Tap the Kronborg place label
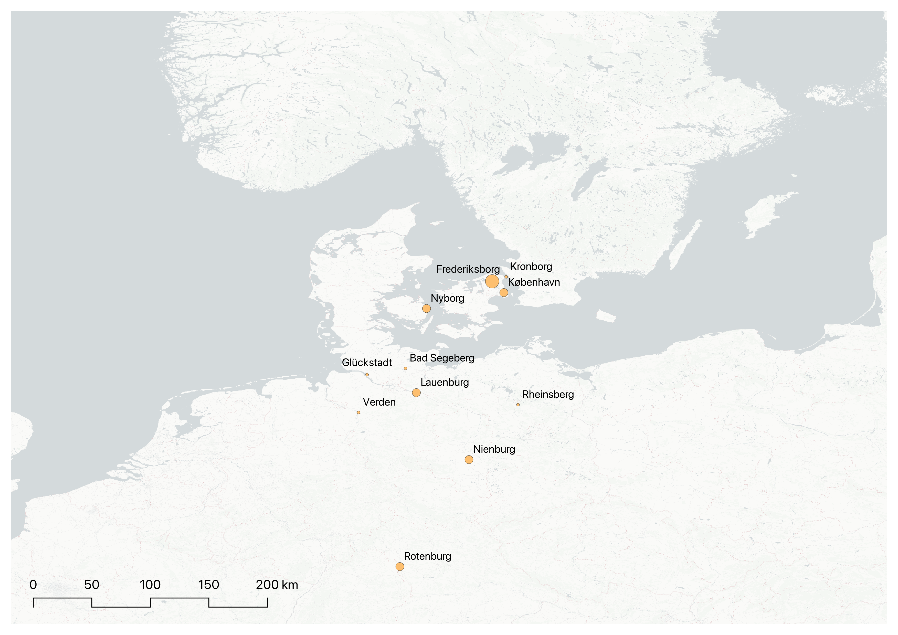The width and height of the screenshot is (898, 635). pos(531,267)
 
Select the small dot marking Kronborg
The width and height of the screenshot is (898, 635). pos(506,277)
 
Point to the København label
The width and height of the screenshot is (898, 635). pos(534,282)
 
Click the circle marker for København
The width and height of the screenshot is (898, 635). pos(504,292)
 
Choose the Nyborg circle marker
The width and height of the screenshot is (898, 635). pos(426,309)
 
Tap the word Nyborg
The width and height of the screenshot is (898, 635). pos(447,298)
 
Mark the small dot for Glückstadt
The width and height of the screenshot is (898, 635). pos(367,375)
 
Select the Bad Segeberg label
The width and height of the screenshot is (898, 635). pos(442,358)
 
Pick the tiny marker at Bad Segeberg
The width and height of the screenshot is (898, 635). pos(406,368)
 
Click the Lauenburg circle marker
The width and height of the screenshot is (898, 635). pos(416,393)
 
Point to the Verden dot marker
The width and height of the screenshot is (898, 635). pos(359,412)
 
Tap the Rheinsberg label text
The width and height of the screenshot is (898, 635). pos(548,395)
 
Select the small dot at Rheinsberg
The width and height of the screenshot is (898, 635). pos(518,405)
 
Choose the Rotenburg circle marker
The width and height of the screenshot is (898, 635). pos(400,567)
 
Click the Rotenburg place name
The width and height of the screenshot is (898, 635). pos(427,556)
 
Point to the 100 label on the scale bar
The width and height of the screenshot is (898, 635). pos(150,585)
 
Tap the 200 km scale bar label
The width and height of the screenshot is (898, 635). pos(277,585)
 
